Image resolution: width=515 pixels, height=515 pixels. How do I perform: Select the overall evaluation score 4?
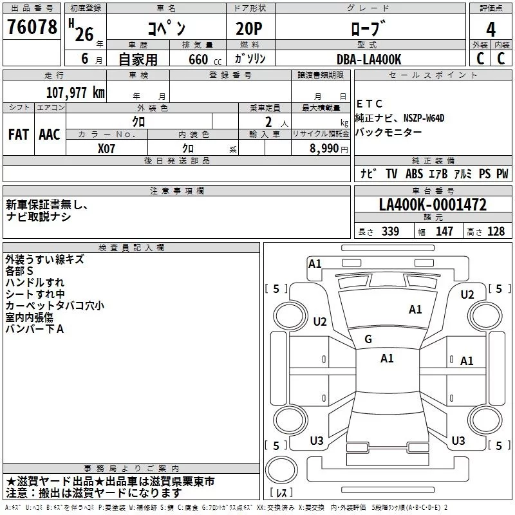491,29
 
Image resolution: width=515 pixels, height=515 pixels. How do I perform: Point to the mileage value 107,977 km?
75,92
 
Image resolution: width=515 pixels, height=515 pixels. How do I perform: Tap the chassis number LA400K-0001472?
433,205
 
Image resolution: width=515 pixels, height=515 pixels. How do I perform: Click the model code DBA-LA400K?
369,59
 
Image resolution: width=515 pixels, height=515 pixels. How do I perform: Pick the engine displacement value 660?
198,59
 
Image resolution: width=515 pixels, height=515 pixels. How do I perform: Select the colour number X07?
107,147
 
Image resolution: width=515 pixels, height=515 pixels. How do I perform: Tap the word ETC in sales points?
370,104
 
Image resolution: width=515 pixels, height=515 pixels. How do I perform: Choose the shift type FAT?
19,134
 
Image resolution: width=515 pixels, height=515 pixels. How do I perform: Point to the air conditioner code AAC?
50,134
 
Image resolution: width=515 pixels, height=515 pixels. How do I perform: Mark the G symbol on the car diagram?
368,339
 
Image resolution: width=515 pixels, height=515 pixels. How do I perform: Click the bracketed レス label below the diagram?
281,493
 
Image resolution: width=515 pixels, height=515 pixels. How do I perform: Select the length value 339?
389,232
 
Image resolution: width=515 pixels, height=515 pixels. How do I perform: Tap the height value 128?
496,232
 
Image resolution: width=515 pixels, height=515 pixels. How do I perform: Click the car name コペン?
165,29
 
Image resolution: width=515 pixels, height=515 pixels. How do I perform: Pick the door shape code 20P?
245,29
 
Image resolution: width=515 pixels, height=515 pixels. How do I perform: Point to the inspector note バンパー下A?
35,329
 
